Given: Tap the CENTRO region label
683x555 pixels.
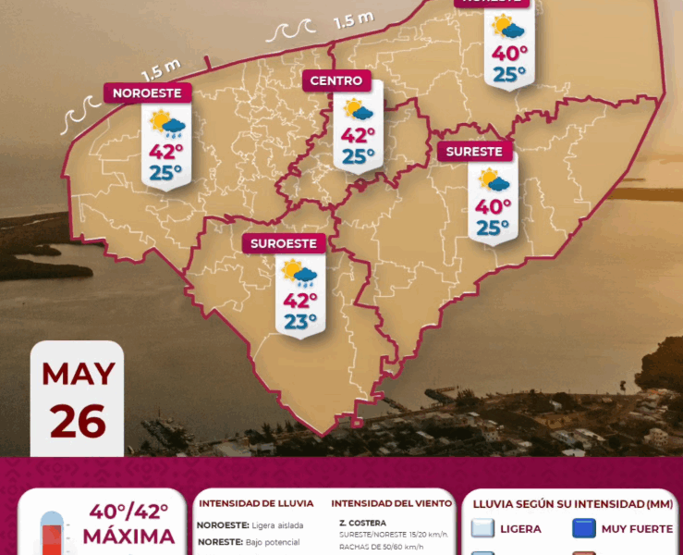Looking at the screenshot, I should pyautogui.click(x=336, y=81).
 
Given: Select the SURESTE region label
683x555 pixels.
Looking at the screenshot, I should pyautogui.click(x=474, y=152).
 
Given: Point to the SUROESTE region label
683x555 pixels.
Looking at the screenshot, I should pyautogui.click(x=285, y=244).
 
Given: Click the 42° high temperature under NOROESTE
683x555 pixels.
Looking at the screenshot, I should pyautogui.click(x=166, y=152).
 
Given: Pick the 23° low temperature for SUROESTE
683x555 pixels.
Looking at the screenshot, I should pyautogui.click(x=299, y=322).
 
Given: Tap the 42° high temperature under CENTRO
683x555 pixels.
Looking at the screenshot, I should pyautogui.click(x=358, y=135).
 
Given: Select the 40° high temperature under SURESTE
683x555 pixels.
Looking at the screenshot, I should pyautogui.click(x=493, y=206).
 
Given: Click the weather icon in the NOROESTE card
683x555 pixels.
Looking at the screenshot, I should pyautogui.click(x=167, y=122).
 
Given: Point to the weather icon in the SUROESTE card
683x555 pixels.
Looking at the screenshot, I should pyautogui.click(x=299, y=272).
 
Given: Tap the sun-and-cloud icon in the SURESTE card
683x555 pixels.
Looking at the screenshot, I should pyautogui.click(x=494, y=180).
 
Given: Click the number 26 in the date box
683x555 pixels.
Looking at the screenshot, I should pyautogui.click(x=78, y=421).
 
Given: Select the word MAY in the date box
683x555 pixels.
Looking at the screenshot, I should pyautogui.click(x=79, y=375).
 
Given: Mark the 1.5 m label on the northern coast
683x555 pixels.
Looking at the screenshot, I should pyautogui.click(x=354, y=18).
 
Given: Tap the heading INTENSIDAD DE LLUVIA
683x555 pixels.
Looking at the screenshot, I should pyautogui.click(x=255, y=504).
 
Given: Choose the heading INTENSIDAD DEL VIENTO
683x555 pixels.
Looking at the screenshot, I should pyautogui.click(x=392, y=504).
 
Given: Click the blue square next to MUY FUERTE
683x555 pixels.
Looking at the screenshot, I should pyautogui.click(x=583, y=529).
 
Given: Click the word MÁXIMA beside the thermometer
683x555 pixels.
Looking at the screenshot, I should pyautogui.click(x=128, y=536).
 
